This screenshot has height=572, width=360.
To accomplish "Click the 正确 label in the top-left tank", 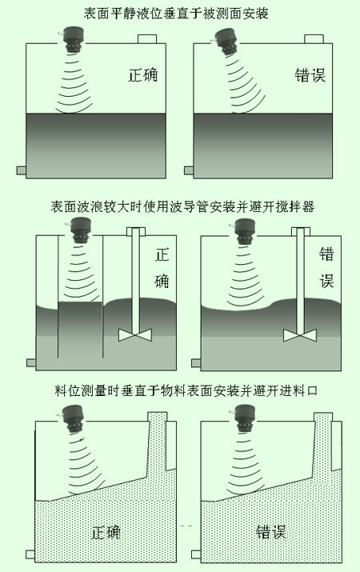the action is [x=143, y=75].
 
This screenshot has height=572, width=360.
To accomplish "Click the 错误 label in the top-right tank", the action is [x=310, y=75].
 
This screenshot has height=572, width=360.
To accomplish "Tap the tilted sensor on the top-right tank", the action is [x=226, y=42].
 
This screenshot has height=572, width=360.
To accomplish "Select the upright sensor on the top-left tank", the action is [x=74, y=40].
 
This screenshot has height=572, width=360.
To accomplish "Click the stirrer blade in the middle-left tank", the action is [x=135, y=335].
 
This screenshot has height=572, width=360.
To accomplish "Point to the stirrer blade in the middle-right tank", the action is [x=300, y=335].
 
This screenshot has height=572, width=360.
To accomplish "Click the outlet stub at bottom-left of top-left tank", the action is [x=21, y=170].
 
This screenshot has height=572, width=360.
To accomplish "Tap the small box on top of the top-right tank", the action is [x=314, y=39].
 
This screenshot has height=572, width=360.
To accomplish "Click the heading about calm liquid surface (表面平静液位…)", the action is [x=176, y=14].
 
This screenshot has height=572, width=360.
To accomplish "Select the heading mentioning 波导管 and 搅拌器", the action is [x=182, y=207].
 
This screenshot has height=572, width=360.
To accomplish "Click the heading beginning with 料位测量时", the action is [x=186, y=390].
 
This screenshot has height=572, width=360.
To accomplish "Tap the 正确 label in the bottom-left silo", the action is [x=106, y=533].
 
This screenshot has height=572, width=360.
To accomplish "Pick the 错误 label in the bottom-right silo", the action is [x=270, y=532].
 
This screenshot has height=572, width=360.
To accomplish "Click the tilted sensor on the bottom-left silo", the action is [x=74, y=418].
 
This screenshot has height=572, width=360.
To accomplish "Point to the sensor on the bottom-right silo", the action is [x=244, y=418].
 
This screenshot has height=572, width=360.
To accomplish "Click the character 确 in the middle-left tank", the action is [x=162, y=281].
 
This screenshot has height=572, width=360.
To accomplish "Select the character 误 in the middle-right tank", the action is [x=326, y=281].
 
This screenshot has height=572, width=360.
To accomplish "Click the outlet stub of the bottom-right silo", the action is [x=196, y=554].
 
